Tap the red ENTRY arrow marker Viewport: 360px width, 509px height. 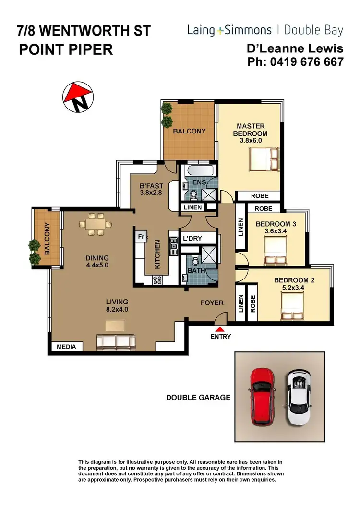[x=220, y=329]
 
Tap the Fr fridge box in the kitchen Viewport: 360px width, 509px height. [x=141, y=237]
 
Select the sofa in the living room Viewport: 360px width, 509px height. [x=116, y=341]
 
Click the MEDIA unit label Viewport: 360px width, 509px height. [x=67, y=346]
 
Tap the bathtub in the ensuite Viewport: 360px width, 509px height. [x=199, y=171]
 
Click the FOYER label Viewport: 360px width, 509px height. [x=212, y=303]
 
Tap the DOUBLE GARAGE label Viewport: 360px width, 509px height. [x=198, y=398]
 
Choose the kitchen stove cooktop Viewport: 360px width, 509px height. [x=158, y=280]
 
